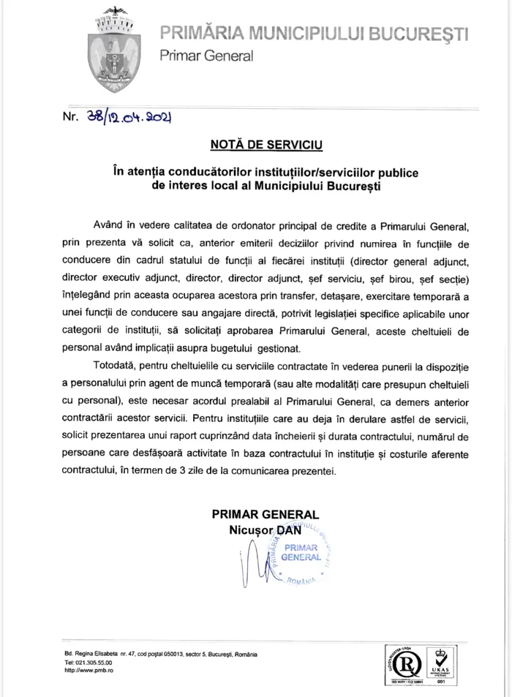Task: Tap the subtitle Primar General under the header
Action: coord(206,56)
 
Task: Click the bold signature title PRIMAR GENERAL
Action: coord(265,514)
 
